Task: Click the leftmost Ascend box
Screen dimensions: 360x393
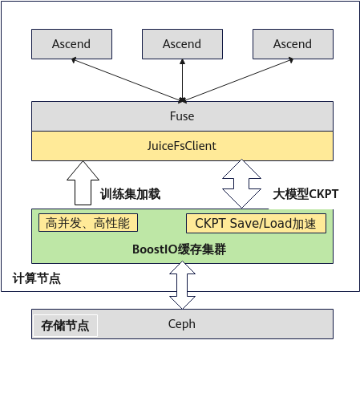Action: click(x=71, y=44)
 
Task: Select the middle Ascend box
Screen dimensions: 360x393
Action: click(x=182, y=44)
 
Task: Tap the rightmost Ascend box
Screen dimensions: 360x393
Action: click(x=293, y=44)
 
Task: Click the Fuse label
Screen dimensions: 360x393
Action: click(x=182, y=116)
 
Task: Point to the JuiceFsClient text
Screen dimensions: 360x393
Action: click(x=182, y=146)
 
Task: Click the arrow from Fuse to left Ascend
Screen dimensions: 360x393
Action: click(x=127, y=79)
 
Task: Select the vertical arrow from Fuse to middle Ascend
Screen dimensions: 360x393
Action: click(x=182, y=80)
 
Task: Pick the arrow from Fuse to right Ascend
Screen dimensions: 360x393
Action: click(x=237, y=79)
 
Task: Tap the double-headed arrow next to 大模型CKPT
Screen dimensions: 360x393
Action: click(x=241, y=184)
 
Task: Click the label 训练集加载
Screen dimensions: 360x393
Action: click(x=130, y=194)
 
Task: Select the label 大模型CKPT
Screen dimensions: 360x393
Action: click(x=305, y=194)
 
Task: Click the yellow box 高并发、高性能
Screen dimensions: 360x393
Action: click(x=88, y=223)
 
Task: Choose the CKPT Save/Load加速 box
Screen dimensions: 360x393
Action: click(x=256, y=224)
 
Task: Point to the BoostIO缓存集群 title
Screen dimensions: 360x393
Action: click(x=179, y=249)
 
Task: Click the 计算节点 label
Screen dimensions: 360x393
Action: click(x=37, y=278)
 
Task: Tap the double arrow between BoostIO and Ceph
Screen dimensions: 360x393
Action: click(x=182, y=285)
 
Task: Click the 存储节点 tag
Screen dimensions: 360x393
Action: click(x=65, y=326)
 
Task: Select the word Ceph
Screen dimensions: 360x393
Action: click(x=182, y=324)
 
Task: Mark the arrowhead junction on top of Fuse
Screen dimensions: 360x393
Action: click(x=182, y=101)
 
